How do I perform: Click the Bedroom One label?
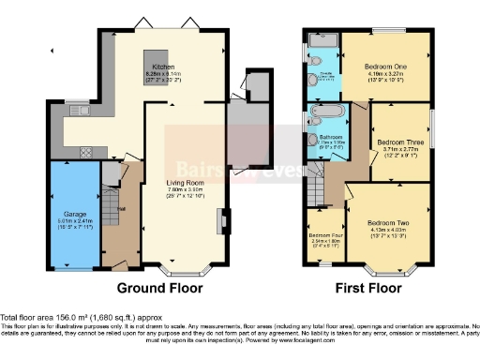386,67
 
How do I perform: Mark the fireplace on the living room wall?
222,221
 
